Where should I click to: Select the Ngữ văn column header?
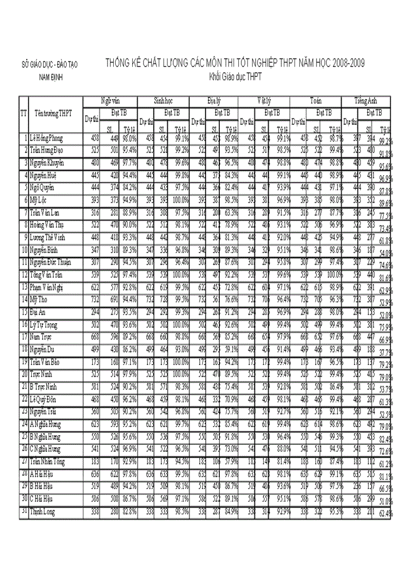coord(111,101)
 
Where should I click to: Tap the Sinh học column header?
coord(164,101)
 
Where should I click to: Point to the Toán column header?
coord(316,101)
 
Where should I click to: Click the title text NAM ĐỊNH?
coord(49,78)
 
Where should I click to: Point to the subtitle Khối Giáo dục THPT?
coord(235,77)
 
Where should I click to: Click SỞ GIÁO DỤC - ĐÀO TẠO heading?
coord(49,65)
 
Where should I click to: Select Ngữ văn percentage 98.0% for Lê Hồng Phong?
coord(129,138)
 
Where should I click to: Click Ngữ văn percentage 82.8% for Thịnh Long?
coord(129,511)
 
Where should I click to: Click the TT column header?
coord(23,113)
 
